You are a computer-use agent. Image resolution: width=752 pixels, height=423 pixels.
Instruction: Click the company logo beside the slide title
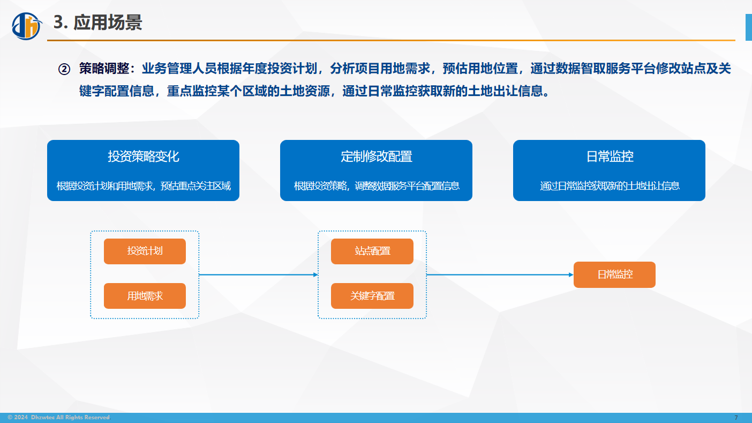tap(27, 26)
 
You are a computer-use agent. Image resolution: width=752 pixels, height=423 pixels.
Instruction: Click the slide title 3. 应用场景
tap(97, 23)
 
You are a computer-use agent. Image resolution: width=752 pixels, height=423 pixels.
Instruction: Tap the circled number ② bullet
tap(64, 69)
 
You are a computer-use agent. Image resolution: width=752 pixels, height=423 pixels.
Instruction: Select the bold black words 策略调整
tap(104, 69)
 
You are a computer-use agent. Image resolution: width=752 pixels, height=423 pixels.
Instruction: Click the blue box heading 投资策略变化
tap(144, 157)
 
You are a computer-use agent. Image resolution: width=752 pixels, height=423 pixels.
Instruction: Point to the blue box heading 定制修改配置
tap(377, 157)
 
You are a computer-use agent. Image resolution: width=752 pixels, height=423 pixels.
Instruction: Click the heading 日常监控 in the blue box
tap(610, 157)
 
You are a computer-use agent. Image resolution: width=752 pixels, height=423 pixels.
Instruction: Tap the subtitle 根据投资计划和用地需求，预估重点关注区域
tap(144, 186)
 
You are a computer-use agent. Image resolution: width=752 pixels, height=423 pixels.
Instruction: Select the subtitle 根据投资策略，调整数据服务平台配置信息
tap(377, 186)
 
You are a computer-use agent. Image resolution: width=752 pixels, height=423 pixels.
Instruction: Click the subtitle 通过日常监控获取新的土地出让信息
tap(610, 186)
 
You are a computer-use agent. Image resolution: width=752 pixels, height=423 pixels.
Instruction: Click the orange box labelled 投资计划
tap(145, 251)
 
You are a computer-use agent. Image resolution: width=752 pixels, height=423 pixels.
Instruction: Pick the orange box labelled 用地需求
tap(145, 296)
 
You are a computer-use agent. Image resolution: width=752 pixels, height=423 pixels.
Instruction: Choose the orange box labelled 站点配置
tap(372, 251)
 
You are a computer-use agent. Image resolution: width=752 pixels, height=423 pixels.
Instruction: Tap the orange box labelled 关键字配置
tap(372, 296)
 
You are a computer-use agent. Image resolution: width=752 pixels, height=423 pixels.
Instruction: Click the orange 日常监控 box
tap(614, 275)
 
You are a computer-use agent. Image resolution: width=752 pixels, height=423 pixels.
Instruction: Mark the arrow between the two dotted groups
tap(259, 275)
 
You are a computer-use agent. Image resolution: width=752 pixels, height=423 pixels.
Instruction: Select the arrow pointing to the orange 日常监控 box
tap(500, 275)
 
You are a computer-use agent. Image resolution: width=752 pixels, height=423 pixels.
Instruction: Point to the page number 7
tap(736, 418)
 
